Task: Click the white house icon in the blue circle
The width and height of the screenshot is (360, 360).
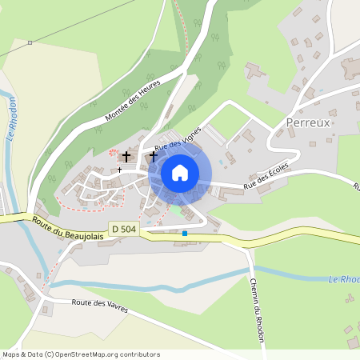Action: click(180, 172)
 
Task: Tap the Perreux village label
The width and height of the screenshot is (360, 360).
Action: click(308, 123)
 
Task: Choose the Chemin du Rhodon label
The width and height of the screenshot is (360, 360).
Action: click(258, 297)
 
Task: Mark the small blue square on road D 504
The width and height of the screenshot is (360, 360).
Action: click(185, 234)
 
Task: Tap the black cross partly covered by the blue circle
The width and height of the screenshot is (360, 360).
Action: click(153, 158)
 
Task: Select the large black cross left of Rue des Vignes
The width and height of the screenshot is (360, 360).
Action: click(126, 155)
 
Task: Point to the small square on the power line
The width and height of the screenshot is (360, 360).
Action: click(30, 42)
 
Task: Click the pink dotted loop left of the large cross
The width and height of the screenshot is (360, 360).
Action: click(112, 152)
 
